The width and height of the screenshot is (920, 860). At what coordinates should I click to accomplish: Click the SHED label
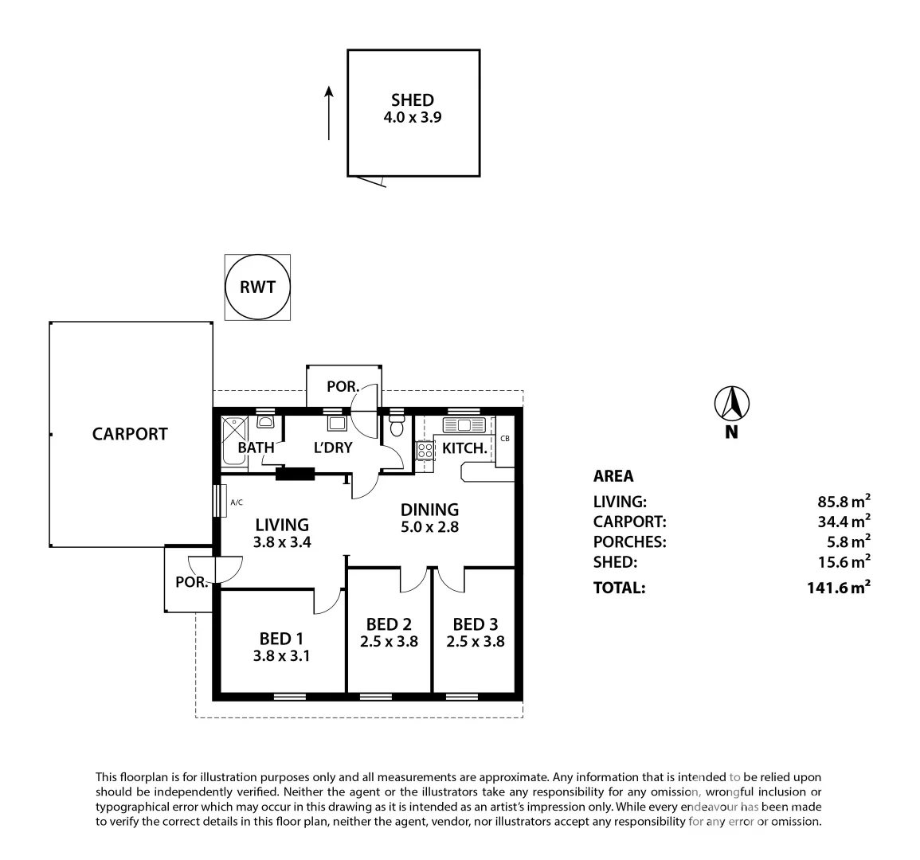[x=413, y=100]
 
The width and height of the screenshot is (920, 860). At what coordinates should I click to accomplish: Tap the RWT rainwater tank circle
[x=257, y=287]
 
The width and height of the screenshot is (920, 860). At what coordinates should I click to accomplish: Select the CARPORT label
[x=130, y=434]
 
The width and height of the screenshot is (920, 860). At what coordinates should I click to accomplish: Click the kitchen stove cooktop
[x=425, y=451]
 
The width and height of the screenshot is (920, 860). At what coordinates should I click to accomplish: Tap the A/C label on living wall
[x=237, y=502]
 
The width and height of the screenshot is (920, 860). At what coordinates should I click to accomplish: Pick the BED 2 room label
[x=389, y=623]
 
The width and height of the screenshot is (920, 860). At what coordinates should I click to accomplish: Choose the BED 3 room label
[x=476, y=623]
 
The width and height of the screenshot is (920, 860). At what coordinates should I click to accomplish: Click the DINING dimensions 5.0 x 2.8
[x=429, y=526]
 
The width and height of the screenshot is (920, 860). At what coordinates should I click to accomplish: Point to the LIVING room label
[x=282, y=525]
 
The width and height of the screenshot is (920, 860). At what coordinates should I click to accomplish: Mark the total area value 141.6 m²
[x=837, y=588]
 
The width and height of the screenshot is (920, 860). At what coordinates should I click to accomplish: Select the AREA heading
[x=613, y=476]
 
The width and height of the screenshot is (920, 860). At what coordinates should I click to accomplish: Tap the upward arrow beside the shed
[x=328, y=113]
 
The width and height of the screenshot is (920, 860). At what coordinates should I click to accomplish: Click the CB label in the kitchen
[x=505, y=438]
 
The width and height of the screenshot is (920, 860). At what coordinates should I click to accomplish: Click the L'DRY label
[x=333, y=448]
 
